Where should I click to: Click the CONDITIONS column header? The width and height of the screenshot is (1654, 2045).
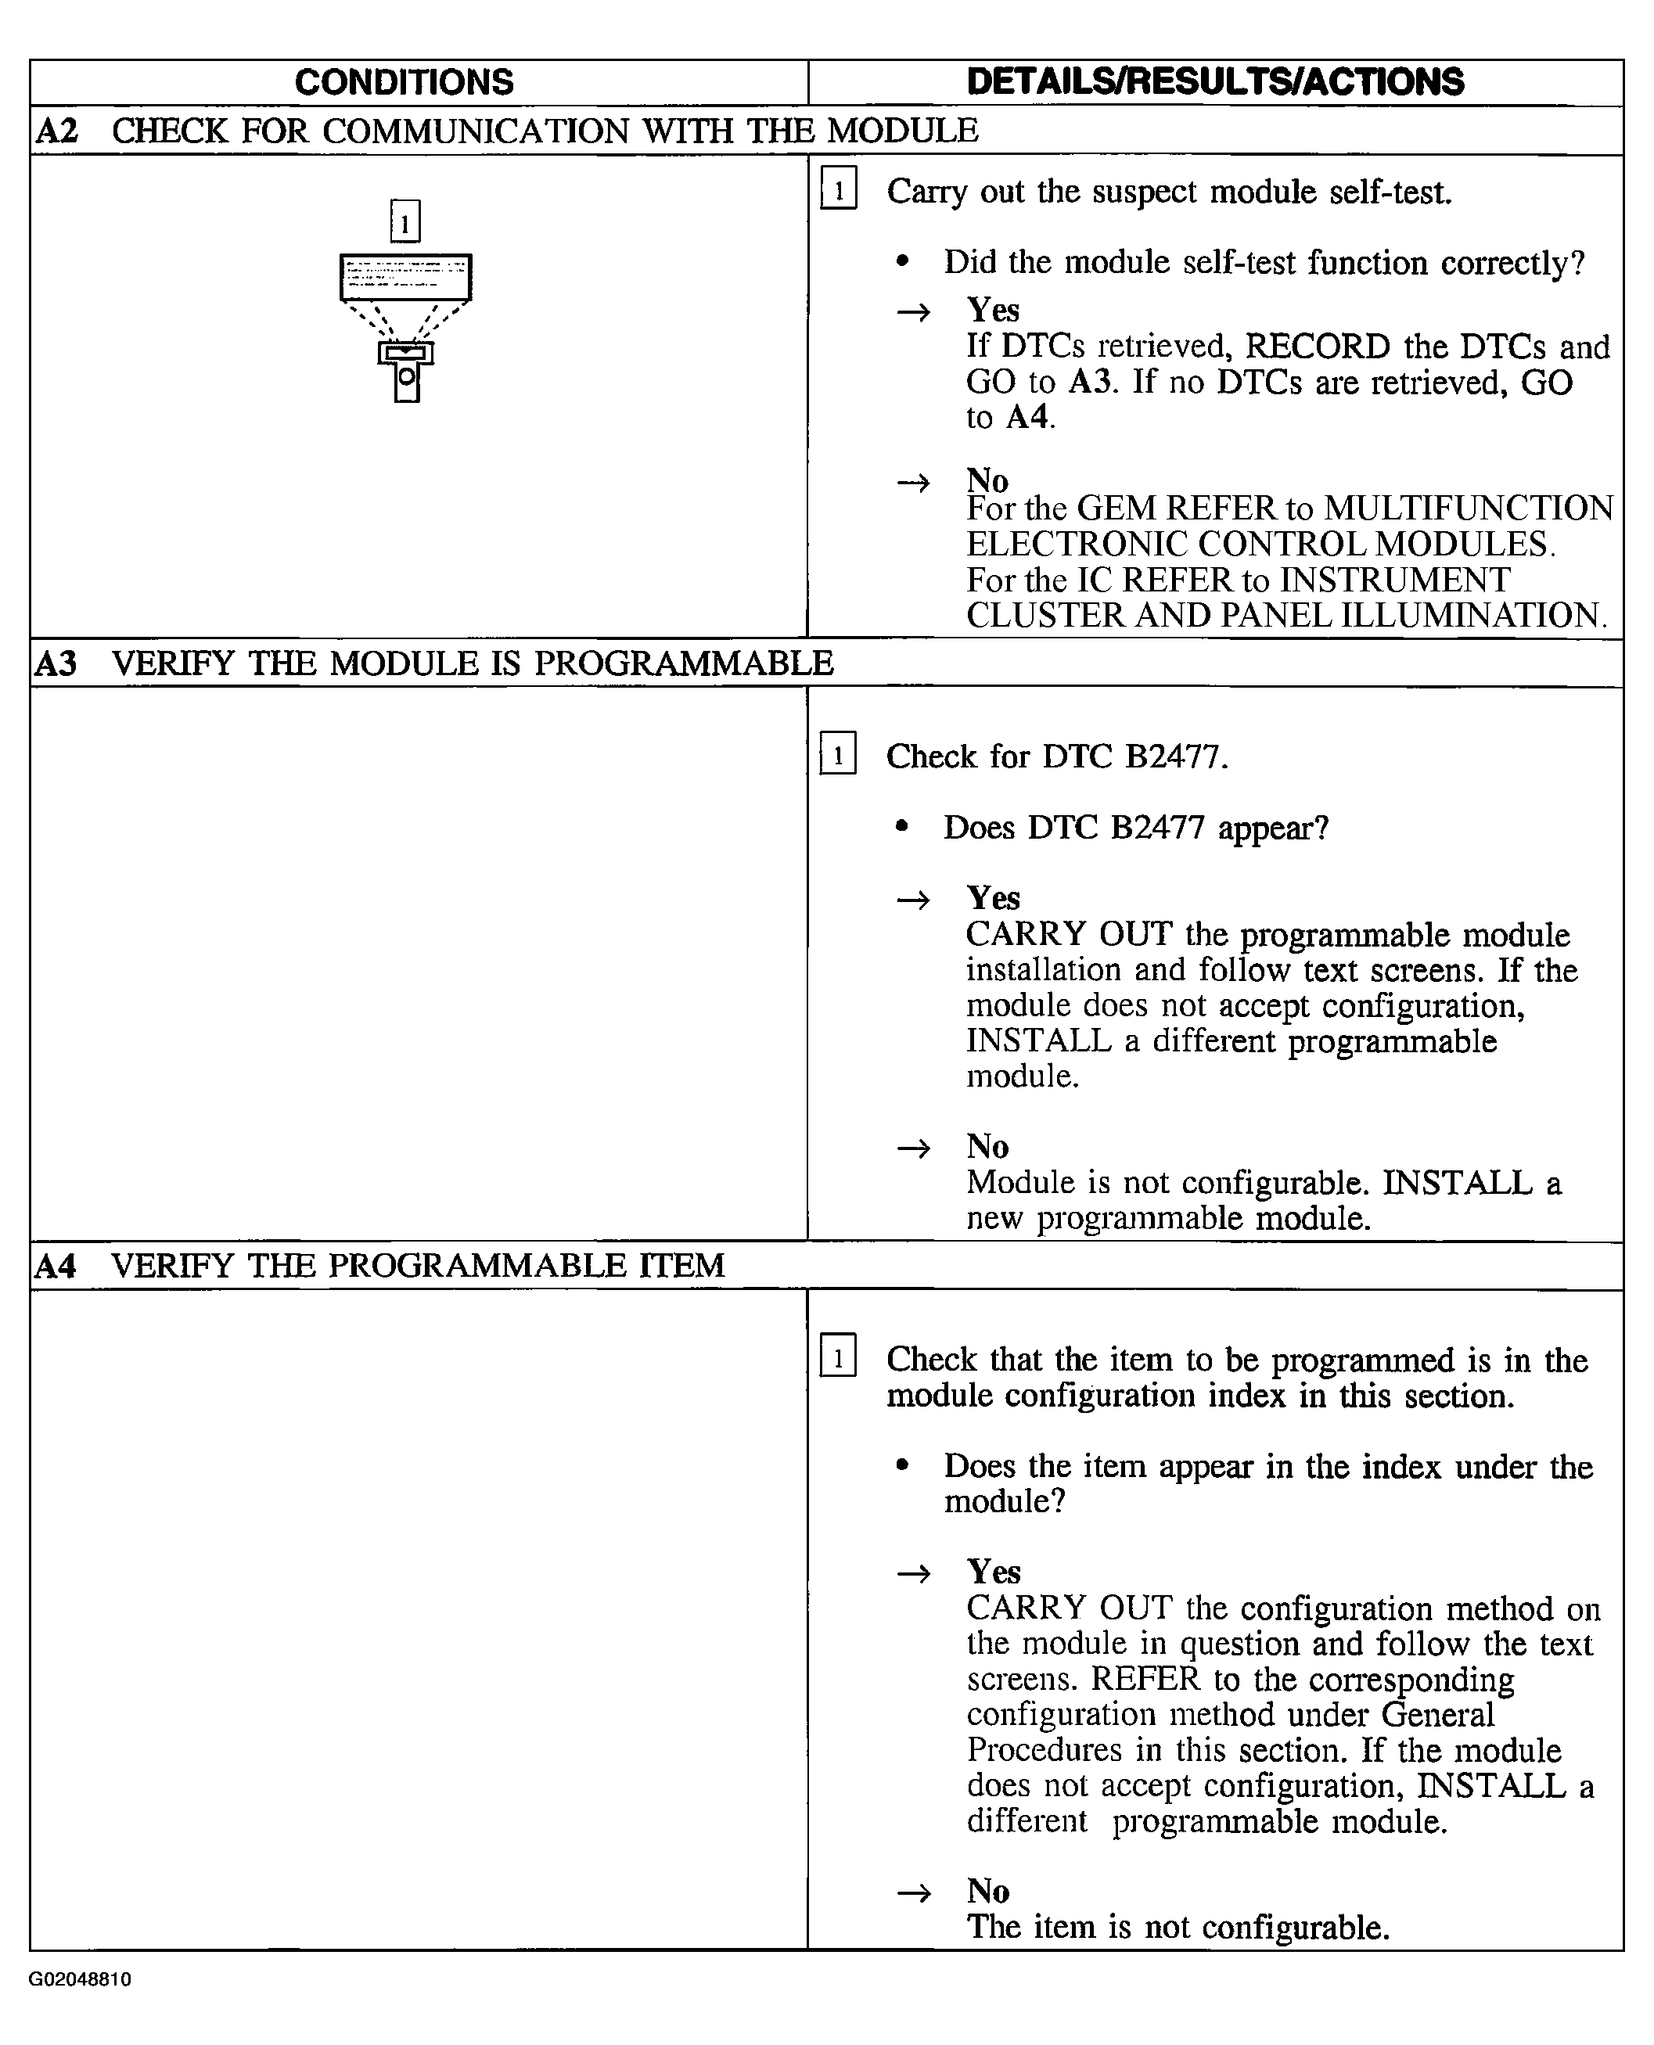point(404,83)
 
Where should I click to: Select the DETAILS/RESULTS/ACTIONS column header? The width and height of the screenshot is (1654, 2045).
point(1215,83)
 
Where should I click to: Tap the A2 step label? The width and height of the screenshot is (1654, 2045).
point(56,131)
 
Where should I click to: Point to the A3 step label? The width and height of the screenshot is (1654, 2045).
point(56,663)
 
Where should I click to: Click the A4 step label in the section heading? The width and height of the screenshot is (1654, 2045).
point(56,1266)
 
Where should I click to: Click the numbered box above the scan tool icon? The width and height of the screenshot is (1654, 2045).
point(405,222)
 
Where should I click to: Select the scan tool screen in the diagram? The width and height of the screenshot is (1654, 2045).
point(406,277)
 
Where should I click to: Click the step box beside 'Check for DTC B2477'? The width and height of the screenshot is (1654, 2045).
point(837,754)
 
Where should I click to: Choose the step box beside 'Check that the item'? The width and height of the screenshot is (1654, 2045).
point(837,1357)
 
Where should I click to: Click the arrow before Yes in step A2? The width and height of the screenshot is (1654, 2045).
point(914,312)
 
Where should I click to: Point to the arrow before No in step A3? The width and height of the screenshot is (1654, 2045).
point(914,1148)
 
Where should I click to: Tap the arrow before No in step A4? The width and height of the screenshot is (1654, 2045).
point(914,1892)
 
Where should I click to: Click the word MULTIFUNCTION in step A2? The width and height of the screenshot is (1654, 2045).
point(1469,509)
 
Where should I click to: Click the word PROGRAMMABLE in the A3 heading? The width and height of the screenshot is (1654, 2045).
point(683,663)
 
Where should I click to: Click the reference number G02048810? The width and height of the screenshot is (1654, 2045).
point(80,1979)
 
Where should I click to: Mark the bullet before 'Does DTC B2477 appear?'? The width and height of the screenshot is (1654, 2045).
point(902,827)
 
